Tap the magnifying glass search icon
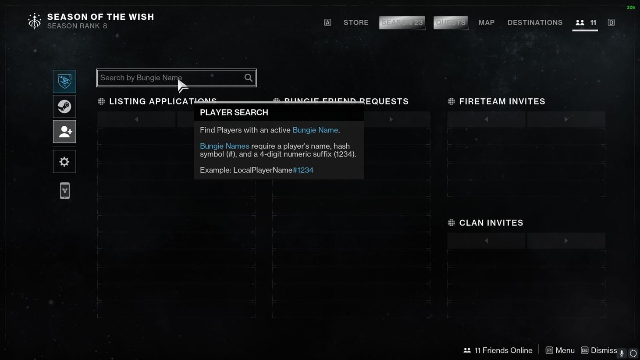(x=249, y=78)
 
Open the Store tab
(x=356, y=23)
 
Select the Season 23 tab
(x=402, y=23)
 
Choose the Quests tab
(x=451, y=23)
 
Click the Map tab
(x=487, y=23)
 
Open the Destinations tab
(x=535, y=23)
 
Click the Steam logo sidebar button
(x=64, y=107)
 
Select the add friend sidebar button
(x=64, y=132)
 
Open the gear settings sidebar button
(x=64, y=162)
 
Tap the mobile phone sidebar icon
(x=64, y=191)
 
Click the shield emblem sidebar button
(x=64, y=81)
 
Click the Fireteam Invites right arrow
(x=566, y=119)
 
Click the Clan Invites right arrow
(x=566, y=241)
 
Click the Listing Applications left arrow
(x=136, y=119)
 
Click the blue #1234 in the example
(x=303, y=170)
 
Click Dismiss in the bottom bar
(x=603, y=350)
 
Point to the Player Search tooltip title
(x=234, y=113)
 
